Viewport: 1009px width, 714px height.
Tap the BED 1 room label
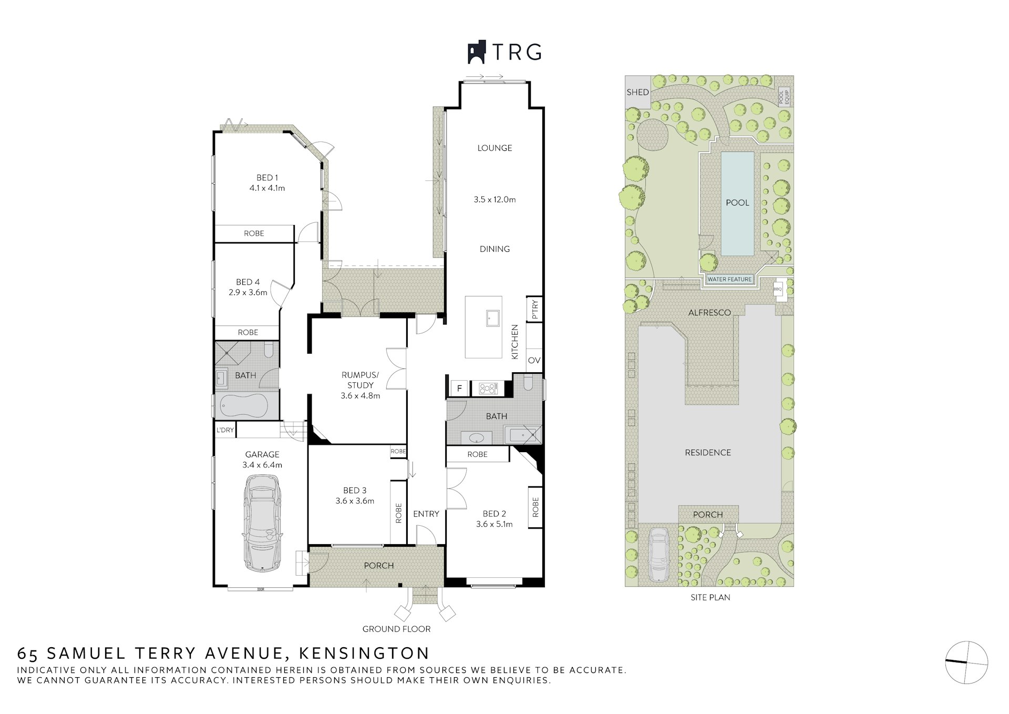pyautogui.click(x=267, y=178)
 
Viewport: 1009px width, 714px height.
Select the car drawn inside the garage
pyautogui.click(x=262, y=523)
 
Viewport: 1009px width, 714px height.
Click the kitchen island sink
pyautogui.click(x=493, y=318)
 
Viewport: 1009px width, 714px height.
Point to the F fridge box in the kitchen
pyautogui.click(x=459, y=388)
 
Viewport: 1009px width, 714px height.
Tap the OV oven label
pyautogui.click(x=534, y=361)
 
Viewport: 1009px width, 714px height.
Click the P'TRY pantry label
pyautogui.click(x=535, y=309)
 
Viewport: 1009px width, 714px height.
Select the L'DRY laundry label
pyautogui.click(x=225, y=430)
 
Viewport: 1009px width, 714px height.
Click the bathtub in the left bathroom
pyautogui.click(x=244, y=405)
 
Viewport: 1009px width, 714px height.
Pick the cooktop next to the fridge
pyautogui.click(x=488, y=389)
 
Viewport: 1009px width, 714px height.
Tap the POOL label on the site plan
pyautogui.click(x=737, y=202)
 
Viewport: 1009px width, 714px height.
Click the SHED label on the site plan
pyautogui.click(x=637, y=92)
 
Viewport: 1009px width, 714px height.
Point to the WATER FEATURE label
pyautogui.click(x=729, y=279)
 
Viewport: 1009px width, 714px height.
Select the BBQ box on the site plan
pyautogui.click(x=778, y=289)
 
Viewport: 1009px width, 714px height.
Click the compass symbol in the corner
pyautogui.click(x=966, y=662)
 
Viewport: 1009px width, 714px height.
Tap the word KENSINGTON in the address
pyautogui.click(x=364, y=653)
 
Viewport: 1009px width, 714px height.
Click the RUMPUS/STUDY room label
pyautogui.click(x=360, y=380)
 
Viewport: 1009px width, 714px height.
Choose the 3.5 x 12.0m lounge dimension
pyautogui.click(x=495, y=200)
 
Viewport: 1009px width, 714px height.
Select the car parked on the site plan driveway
pyautogui.click(x=658, y=555)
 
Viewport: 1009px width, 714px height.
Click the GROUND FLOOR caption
pyautogui.click(x=396, y=629)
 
